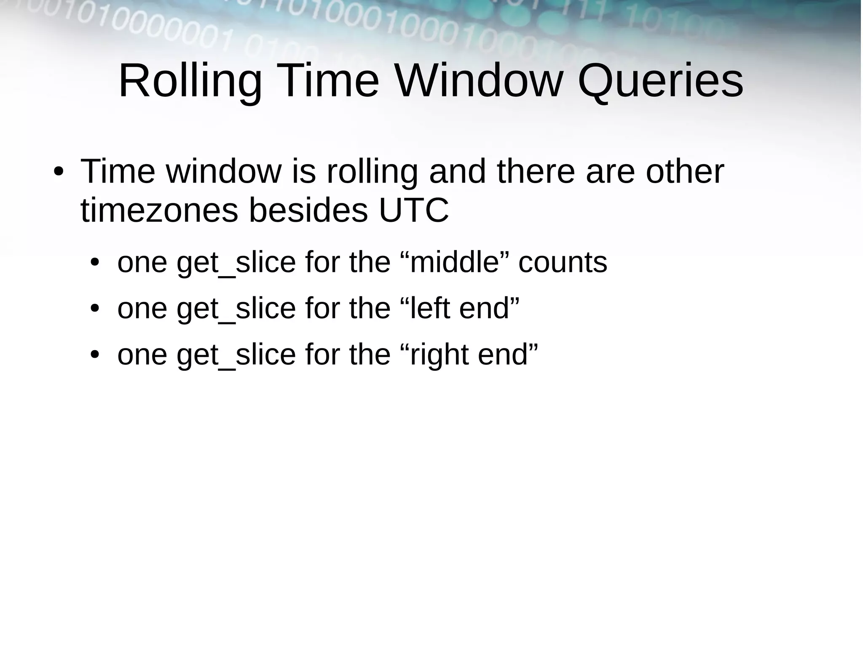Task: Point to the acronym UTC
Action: click(413, 211)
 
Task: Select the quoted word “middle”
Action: click(454, 263)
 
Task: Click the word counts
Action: click(563, 263)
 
